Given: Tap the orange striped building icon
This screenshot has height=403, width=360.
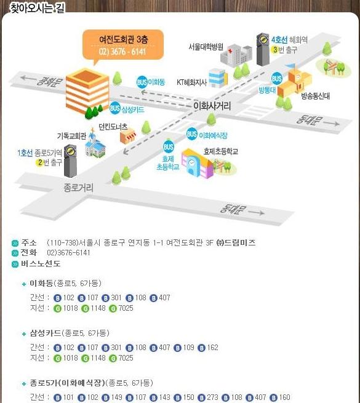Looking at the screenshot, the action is (x=87, y=90).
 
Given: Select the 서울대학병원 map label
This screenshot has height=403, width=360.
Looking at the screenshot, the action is (x=206, y=47).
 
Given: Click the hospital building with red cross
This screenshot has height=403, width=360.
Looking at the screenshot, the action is (x=236, y=55).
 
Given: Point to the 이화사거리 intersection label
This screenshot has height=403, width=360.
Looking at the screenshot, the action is (x=212, y=106).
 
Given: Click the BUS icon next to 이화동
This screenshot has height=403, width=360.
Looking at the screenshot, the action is (x=142, y=82).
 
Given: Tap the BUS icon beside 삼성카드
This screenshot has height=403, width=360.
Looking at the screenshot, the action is (x=114, y=108).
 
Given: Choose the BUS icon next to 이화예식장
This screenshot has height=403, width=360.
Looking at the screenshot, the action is (x=192, y=134).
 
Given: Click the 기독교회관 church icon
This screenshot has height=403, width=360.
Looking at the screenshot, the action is (x=94, y=145).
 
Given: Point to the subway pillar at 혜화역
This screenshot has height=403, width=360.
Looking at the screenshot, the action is (x=263, y=49).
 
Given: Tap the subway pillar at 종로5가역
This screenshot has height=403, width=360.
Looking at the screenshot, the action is (x=70, y=161).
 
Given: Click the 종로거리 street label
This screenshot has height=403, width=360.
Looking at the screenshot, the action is (x=78, y=188).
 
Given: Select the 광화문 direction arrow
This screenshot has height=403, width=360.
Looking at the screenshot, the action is (x=29, y=78).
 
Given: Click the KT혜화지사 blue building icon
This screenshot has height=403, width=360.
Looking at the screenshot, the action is (x=218, y=78).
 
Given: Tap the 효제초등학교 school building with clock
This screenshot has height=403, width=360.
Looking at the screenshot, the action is (x=198, y=163).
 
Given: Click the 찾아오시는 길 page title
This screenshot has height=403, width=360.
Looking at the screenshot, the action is (x=38, y=8).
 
